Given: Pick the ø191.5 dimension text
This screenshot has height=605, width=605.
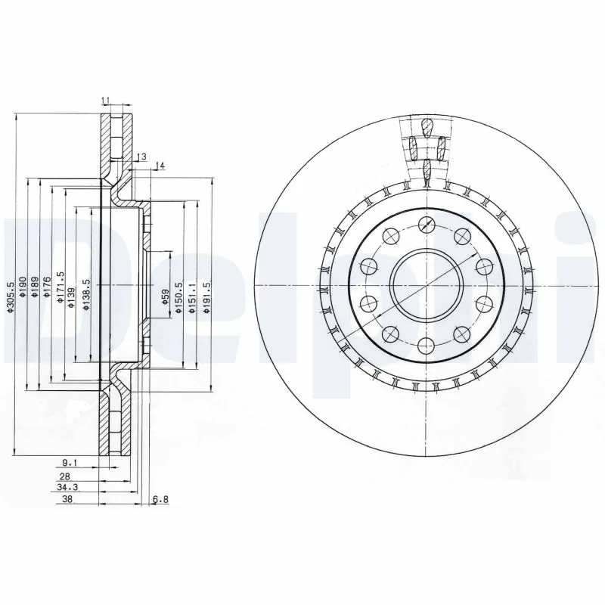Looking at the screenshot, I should (206, 295).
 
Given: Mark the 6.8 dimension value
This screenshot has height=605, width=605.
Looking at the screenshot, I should (159, 500).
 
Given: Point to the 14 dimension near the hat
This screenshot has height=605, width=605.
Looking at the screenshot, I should (160, 166).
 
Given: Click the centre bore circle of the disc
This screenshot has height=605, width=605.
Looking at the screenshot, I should (427, 287).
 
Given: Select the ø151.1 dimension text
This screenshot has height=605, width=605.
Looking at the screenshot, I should (192, 295).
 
